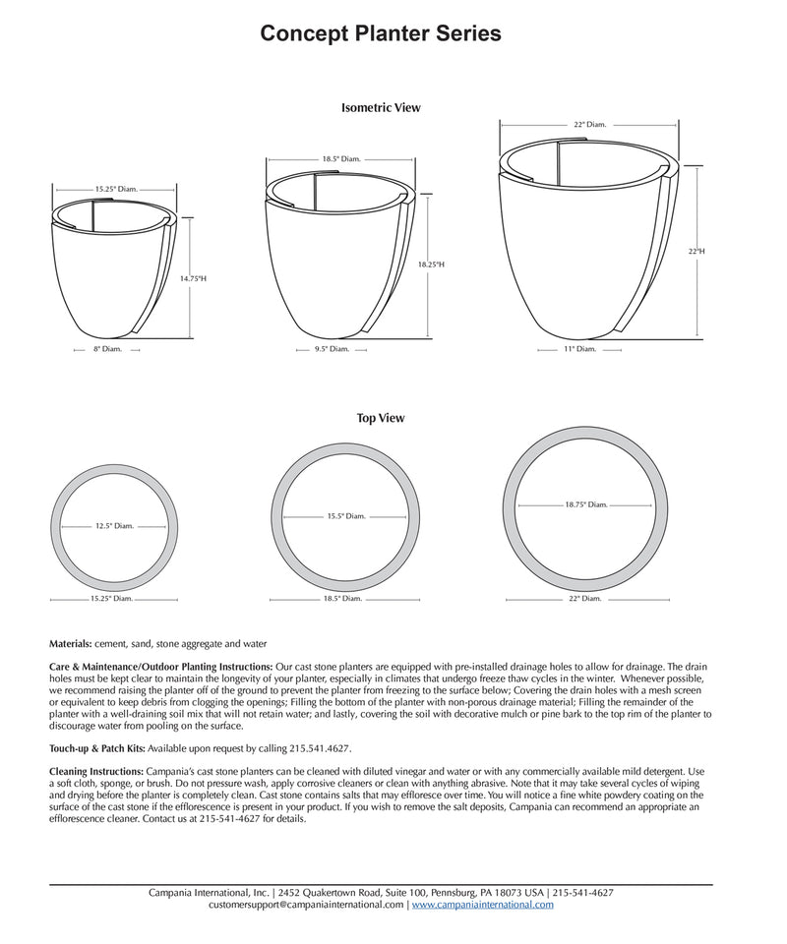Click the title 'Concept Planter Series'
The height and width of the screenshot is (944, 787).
click(x=381, y=34)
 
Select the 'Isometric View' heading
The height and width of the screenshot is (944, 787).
click(x=381, y=108)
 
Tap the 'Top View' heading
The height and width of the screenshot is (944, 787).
click(x=381, y=418)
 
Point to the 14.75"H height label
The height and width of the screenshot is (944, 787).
click(x=193, y=279)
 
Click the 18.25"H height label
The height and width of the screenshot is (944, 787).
click(x=431, y=265)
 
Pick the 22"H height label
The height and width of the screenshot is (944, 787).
click(x=696, y=252)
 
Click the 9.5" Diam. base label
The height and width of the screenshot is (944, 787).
click(x=333, y=349)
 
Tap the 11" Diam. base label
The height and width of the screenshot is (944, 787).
click(x=580, y=349)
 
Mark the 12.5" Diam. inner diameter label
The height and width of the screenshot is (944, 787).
click(x=114, y=526)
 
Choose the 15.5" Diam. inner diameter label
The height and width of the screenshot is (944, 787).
click(x=347, y=515)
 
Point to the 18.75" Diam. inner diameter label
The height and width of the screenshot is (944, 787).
click(x=586, y=504)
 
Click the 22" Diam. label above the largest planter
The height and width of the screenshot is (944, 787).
click(x=589, y=125)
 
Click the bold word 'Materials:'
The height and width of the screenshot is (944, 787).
click(x=71, y=644)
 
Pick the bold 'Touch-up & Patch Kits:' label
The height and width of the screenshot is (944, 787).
click(x=97, y=748)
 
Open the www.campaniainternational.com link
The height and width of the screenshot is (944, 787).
click(x=482, y=905)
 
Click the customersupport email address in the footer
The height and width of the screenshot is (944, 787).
click(x=306, y=905)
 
